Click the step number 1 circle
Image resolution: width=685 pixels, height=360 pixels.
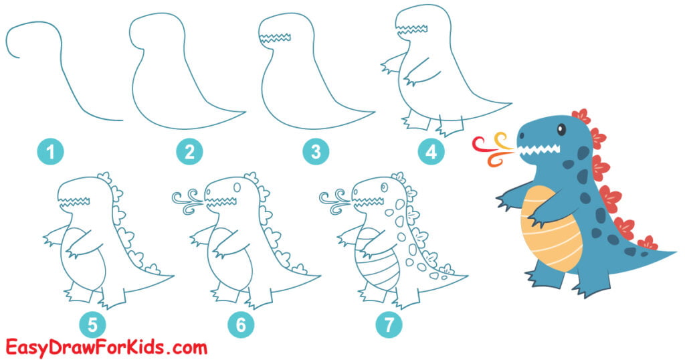click(50, 153)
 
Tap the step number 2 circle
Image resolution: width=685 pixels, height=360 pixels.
click(189, 153)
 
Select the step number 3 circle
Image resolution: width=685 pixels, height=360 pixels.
click(315, 153)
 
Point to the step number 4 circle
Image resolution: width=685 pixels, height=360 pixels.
click(431, 153)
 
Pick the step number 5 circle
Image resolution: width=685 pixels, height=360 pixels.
click(92, 326)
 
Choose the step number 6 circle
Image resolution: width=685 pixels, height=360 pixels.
click(241, 326)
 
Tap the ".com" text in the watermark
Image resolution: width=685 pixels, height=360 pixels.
click(183, 348)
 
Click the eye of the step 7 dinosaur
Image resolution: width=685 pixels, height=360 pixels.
click(383, 187)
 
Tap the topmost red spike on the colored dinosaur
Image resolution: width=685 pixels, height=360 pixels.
click(581, 116)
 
